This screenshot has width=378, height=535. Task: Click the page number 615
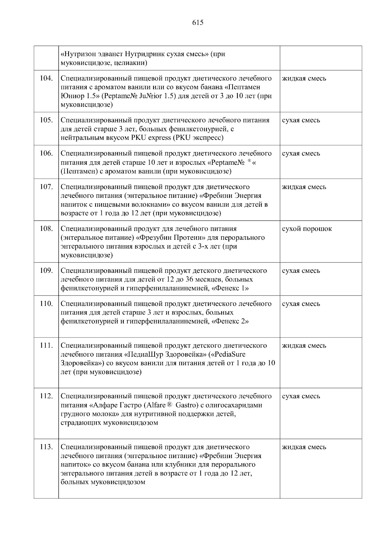(x=198, y=23)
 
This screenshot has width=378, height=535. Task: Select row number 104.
(x=46, y=78)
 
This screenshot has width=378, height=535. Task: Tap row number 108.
(x=46, y=229)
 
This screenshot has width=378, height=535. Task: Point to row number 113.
(x=46, y=447)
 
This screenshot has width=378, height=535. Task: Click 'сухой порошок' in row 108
(x=307, y=229)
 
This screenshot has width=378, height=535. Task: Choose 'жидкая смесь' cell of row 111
(x=304, y=346)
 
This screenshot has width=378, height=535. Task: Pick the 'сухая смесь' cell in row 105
(x=301, y=120)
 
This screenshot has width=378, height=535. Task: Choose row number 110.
(x=46, y=304)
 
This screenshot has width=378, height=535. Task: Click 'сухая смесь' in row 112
(x=301, y=396)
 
